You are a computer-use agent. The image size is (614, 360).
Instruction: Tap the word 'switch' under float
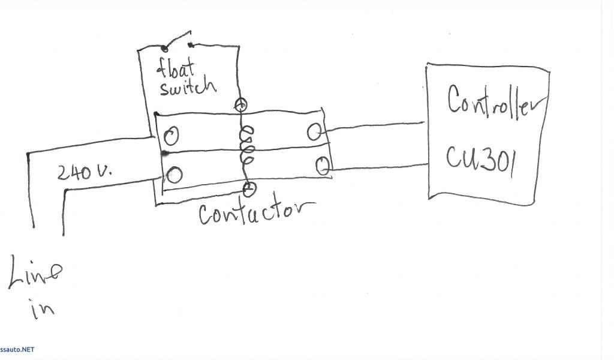188,87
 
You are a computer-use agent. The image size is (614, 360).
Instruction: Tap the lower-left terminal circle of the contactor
174,175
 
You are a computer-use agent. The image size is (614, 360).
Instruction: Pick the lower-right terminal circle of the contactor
322,165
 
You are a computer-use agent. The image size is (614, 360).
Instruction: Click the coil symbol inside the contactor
246,148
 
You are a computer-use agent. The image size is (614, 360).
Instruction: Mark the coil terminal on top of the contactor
240,105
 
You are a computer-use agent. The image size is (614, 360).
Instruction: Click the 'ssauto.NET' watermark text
17,349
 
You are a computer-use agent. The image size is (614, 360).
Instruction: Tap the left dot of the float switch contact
164,48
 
